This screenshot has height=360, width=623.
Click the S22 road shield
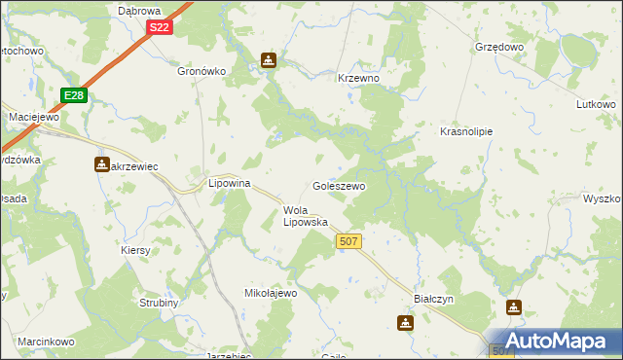[x=161, y=28]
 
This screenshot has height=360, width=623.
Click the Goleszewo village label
[x=338, y=186]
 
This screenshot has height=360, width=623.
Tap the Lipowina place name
[x=231, y=183]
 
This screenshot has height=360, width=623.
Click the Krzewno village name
[x=357, y=78]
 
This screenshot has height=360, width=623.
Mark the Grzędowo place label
[x=499, y=47]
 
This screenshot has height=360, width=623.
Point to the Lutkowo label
[x=597, y=104]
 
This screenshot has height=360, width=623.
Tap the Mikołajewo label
[x=270, y=292]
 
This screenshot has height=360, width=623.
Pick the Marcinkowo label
[x=46, y=342]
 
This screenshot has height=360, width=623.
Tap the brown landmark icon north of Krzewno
[x=269, y=61]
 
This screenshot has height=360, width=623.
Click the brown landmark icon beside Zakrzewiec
[x=101, y=164]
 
